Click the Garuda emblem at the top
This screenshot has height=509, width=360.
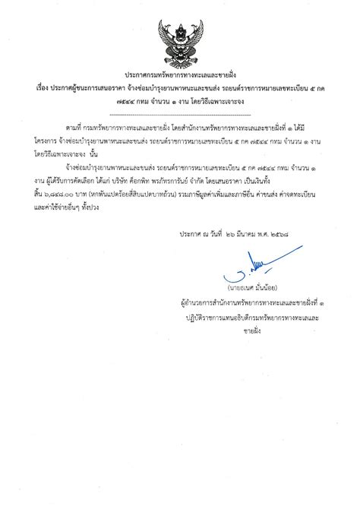[180, 44]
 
